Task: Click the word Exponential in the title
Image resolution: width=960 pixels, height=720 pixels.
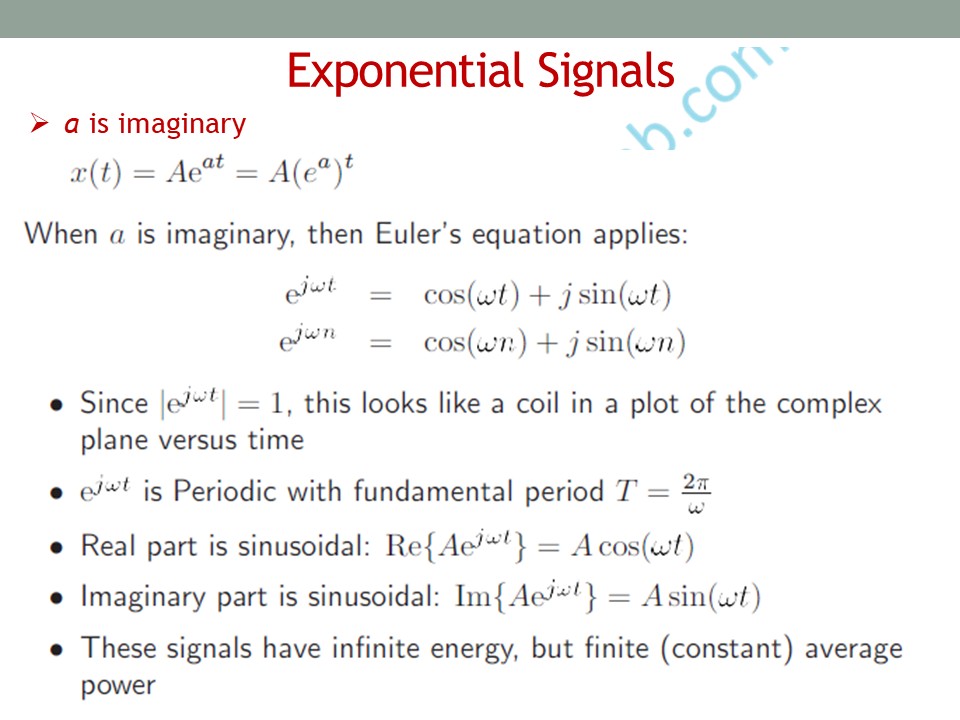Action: [405, 72]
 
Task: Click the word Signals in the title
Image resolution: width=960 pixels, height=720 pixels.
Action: [606, 72]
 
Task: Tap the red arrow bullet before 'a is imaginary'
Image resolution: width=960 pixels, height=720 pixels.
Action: [39, 123]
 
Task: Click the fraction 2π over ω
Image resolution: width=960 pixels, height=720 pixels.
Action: [697, 493]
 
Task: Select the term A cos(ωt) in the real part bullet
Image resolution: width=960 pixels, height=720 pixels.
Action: [632, 545]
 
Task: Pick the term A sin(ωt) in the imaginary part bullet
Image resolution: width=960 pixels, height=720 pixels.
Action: [701, 596]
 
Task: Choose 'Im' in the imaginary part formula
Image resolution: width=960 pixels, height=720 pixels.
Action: [472, 596]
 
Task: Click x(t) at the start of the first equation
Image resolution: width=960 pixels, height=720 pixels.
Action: [96, 173]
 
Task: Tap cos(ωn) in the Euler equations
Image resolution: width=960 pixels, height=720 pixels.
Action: [475, 342]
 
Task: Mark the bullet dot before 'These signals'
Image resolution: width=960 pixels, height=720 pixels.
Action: [57, 650]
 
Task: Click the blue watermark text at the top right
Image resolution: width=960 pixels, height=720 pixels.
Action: [703, 98]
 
